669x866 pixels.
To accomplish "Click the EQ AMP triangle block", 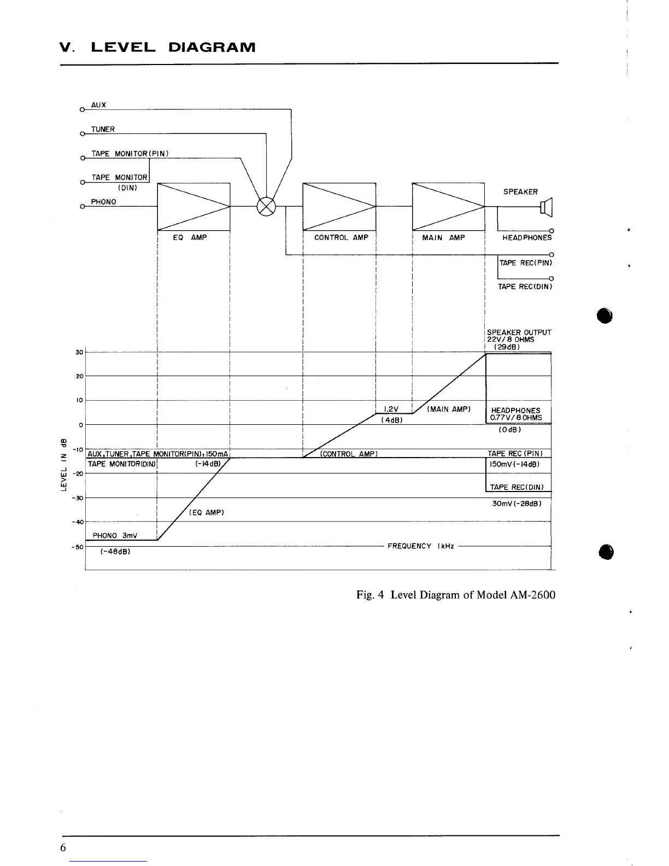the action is [x=193, y=207].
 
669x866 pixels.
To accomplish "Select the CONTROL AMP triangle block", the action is [x=339, y=207].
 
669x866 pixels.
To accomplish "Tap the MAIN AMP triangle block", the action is [x=448, y=207].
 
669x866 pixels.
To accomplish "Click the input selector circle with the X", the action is [x=266, y=207].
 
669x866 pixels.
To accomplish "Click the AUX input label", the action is [x=99, y=105].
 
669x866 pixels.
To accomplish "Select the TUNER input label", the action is [x=103, y=130].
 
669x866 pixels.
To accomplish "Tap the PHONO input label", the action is [x=103, y=202].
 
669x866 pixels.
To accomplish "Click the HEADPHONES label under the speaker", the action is [x=527, y=238].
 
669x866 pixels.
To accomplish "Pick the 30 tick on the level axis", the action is [x=79, y=352].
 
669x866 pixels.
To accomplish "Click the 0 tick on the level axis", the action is [x=80, y=425].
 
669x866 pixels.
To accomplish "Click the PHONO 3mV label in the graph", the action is [x=115, y=535].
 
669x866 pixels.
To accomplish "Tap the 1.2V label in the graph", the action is [x=391, y=409].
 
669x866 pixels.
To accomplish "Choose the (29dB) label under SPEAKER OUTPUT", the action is [x=506, y=347].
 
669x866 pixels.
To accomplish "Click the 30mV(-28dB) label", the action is [x=517, y=504].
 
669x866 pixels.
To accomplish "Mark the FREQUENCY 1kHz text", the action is [x=420, y=546].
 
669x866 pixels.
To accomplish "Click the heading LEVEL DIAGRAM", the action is [x=173, y=47].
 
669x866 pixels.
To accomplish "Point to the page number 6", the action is [x=63, y=847].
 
